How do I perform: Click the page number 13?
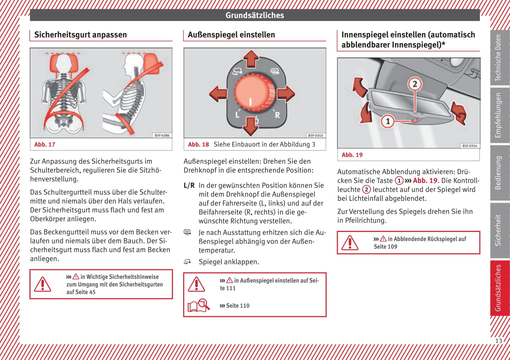498,341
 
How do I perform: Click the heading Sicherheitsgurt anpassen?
80,35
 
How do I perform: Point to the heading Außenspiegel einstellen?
231,35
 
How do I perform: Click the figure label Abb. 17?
45,144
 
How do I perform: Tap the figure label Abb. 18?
198,144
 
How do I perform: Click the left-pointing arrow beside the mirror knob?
218,93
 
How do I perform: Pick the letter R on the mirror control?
277,115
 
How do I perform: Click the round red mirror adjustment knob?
254,93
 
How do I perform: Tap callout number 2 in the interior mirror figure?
415,84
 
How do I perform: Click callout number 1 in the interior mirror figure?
388,122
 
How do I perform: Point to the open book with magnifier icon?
198,306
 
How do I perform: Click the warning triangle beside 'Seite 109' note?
350,243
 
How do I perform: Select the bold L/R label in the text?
189,186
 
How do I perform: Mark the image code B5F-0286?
162,135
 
